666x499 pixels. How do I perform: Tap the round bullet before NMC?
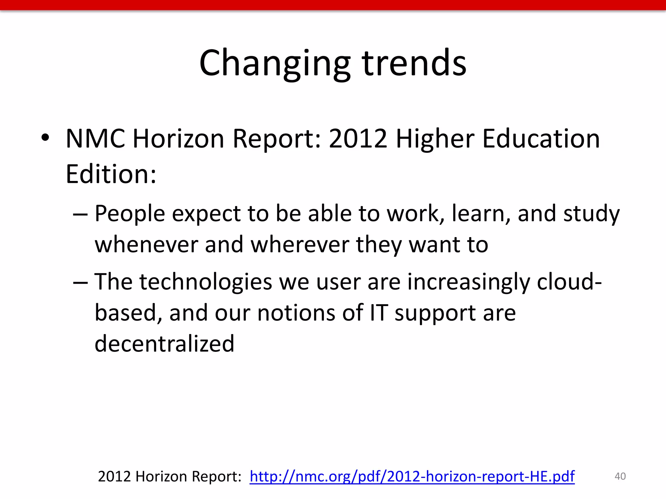(45, 138)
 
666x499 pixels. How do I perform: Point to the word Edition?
(111, 174)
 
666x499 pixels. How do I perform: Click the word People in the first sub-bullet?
(130, 214)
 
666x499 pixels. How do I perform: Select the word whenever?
(146, 244)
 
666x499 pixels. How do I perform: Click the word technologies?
(206, 282)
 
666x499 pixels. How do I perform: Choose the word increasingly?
(468, 282)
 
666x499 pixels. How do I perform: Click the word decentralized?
(164, 344)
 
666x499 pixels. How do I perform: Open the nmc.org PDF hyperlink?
(412, 477)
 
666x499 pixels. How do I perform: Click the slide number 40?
(620, 476)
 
